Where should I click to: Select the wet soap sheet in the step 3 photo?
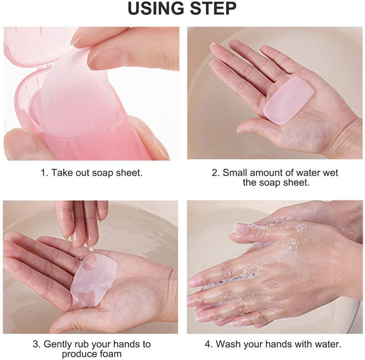click(x=94, y=278)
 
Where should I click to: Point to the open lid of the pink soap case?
click(x=32, y=45)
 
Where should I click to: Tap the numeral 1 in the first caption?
click(x=45, y=173)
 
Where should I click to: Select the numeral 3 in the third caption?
click(x=36, y=344)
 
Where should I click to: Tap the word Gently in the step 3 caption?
click(x=58, y=344)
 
